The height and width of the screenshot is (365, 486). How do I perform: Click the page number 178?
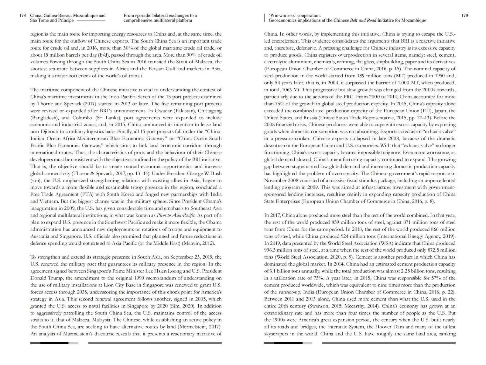coord(22,16)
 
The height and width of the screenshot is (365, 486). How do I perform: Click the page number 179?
coord(464,16)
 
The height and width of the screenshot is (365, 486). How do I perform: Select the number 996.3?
coord(271,250)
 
